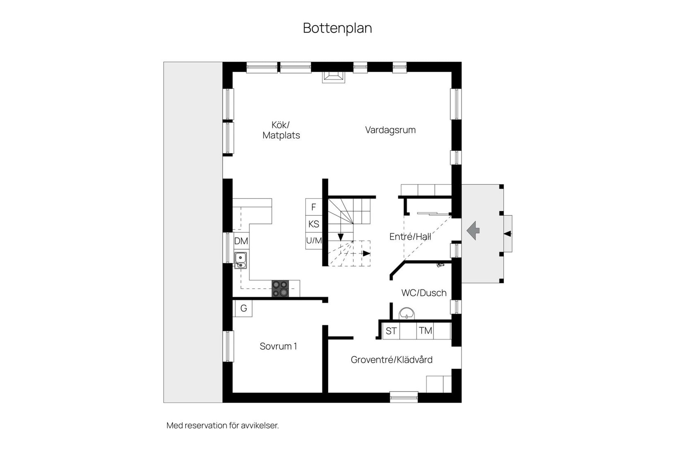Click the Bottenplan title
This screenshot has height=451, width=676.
click(337, 28)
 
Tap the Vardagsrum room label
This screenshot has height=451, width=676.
click(390, 130)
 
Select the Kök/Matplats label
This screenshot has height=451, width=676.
click(281, 130)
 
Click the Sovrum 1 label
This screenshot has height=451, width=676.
click(278, 346)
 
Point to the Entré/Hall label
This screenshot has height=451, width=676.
click(410, 237)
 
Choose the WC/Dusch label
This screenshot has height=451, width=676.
click(424, 293)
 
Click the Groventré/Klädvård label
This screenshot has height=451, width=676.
click(391, 360)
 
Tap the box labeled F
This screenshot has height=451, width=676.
click(314, 207)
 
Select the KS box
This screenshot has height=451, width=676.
click(314, 224)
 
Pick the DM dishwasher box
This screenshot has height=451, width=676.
click(241, 241)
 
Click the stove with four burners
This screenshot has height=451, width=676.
click(280, 289)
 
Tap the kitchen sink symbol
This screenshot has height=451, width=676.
click(240, 260)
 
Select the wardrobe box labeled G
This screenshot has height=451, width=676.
click(243, 308)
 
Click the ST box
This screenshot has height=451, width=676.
click(391, 331)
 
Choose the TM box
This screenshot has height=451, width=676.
click(425, 331)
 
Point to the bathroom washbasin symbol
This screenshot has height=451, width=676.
click(406, 313)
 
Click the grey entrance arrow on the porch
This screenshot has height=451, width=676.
click(473, 230)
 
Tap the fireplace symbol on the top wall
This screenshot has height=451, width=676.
click(333, 77)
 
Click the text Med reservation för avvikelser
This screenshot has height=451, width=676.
click(222, 426)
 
